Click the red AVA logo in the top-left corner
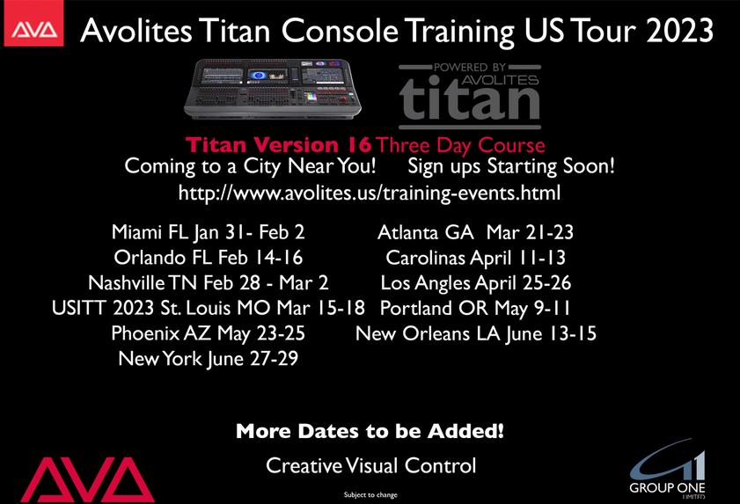click(33, 24)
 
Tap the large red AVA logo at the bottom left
click(88, 479)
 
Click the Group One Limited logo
click(667, 468)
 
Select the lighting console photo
click(272, 88)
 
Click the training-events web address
click(370, 193)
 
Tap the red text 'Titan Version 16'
click(278, 145)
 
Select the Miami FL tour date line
click(209, 232)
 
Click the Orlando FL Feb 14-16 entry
click(209, 257)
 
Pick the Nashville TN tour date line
click(209, 282)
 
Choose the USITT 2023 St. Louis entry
click(209, 308)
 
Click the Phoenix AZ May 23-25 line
click(209, 333)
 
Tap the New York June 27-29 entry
click(209, 359)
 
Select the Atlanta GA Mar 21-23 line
click(475, 232)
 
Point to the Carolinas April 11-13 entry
click(475, 258)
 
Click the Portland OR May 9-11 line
click(475, 308)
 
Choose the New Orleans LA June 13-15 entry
click(476, 333)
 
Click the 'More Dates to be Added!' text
click(370, 431)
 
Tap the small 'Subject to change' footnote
click(370, 494)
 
